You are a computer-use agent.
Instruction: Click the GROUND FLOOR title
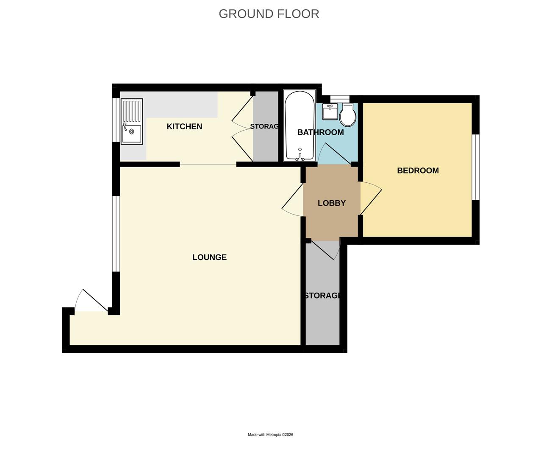point(269,14)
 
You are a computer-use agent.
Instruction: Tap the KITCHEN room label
point(184,126)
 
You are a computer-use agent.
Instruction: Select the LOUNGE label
point(209,257)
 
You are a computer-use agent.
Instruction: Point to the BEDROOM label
point(417,170)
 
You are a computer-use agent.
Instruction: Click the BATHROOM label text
point(320,132)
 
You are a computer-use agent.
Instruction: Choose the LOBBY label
point(331,203)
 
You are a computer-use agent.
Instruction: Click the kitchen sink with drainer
point(132,121)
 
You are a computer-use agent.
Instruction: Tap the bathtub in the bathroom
point(300,126)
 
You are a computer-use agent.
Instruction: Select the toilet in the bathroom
point(348,114)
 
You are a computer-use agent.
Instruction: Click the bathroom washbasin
point(330,112)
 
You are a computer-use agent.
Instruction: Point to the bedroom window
point(476,167)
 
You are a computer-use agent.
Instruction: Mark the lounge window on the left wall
point(115,233)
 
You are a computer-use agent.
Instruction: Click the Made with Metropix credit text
point(270,435)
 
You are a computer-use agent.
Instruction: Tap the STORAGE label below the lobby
point(322,296)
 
